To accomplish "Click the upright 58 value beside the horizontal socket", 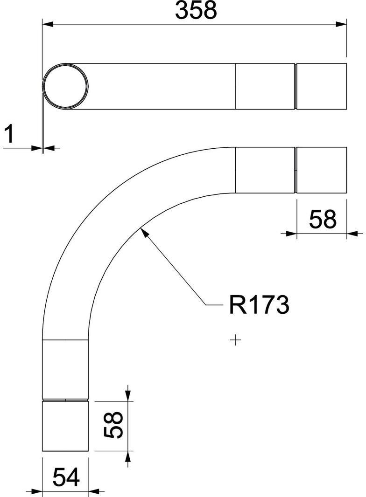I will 322,219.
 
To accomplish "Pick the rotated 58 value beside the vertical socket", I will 113,425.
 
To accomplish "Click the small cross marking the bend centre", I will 237,341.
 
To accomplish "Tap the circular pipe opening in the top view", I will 65,86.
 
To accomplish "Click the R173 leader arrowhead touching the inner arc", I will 143,230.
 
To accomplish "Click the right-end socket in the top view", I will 322,86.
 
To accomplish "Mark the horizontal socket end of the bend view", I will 322,170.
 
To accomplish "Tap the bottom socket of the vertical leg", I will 65,426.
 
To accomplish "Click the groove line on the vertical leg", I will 65,400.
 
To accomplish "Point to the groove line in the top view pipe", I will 296,86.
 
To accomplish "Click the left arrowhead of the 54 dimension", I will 37,491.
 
